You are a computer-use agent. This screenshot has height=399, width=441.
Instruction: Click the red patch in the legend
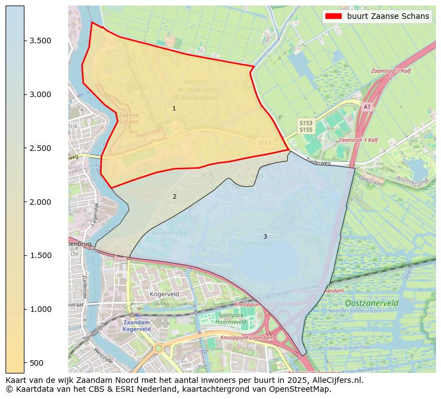point(333,16)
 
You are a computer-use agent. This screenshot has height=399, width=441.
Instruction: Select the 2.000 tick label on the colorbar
point(40,201)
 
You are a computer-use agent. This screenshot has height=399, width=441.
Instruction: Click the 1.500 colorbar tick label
point(40,255)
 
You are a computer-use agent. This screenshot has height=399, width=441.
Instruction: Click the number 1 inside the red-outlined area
point(174,108)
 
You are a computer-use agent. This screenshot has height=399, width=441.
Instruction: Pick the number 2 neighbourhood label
point(174,196)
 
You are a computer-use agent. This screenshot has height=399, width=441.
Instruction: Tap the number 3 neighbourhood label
point(265,236)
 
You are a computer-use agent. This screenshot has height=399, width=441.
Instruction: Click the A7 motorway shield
point(367,107)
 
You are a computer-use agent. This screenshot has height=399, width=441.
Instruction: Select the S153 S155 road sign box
point(306,126)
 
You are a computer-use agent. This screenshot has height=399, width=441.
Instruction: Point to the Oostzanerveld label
point(372,304)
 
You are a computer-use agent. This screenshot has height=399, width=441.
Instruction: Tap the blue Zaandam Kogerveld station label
point(137,326)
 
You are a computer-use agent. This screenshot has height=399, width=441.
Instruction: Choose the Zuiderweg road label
point(318,163)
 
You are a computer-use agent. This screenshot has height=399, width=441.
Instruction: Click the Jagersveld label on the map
point(253,243)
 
